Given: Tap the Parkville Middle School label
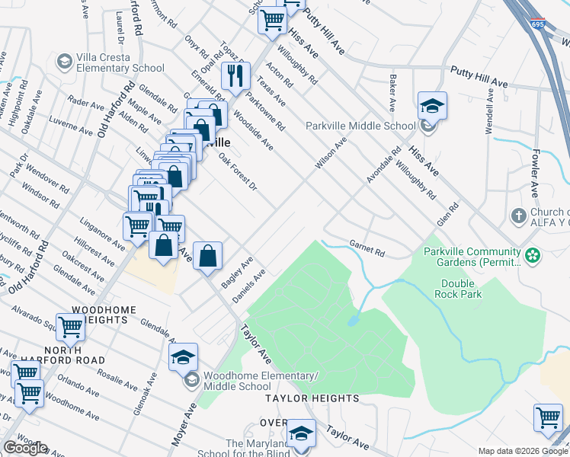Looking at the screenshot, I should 360,126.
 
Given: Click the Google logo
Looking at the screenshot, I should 25,448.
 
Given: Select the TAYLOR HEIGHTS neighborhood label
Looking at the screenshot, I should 312,398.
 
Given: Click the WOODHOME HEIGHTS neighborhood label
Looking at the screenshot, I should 99,315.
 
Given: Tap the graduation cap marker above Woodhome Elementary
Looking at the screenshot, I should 184,356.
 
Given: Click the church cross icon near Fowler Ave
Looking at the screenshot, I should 518,216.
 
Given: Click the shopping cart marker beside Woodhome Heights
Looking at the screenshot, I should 70,327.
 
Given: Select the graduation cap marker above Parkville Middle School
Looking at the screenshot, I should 432,106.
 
